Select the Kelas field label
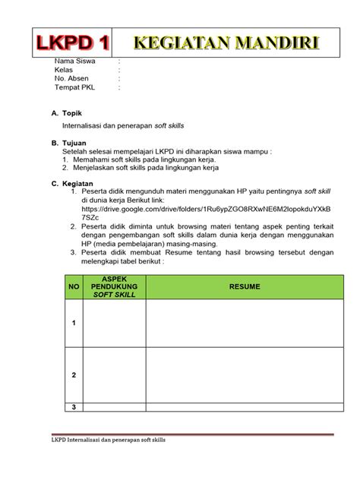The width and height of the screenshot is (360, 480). pos(63,70)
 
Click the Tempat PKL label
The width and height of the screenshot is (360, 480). pos(74,87)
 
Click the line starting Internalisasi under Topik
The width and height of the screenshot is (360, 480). pos(122,124)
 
